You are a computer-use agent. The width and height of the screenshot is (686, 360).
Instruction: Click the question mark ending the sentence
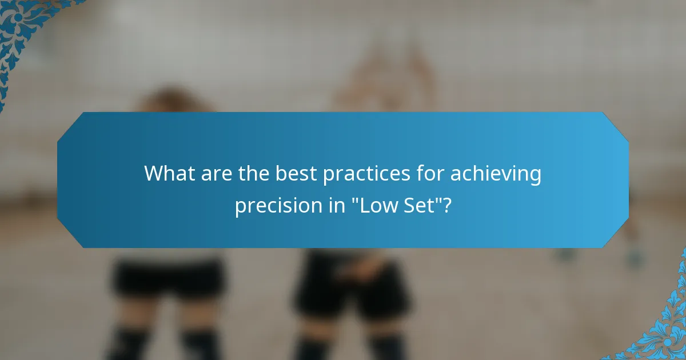coord(446,205)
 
